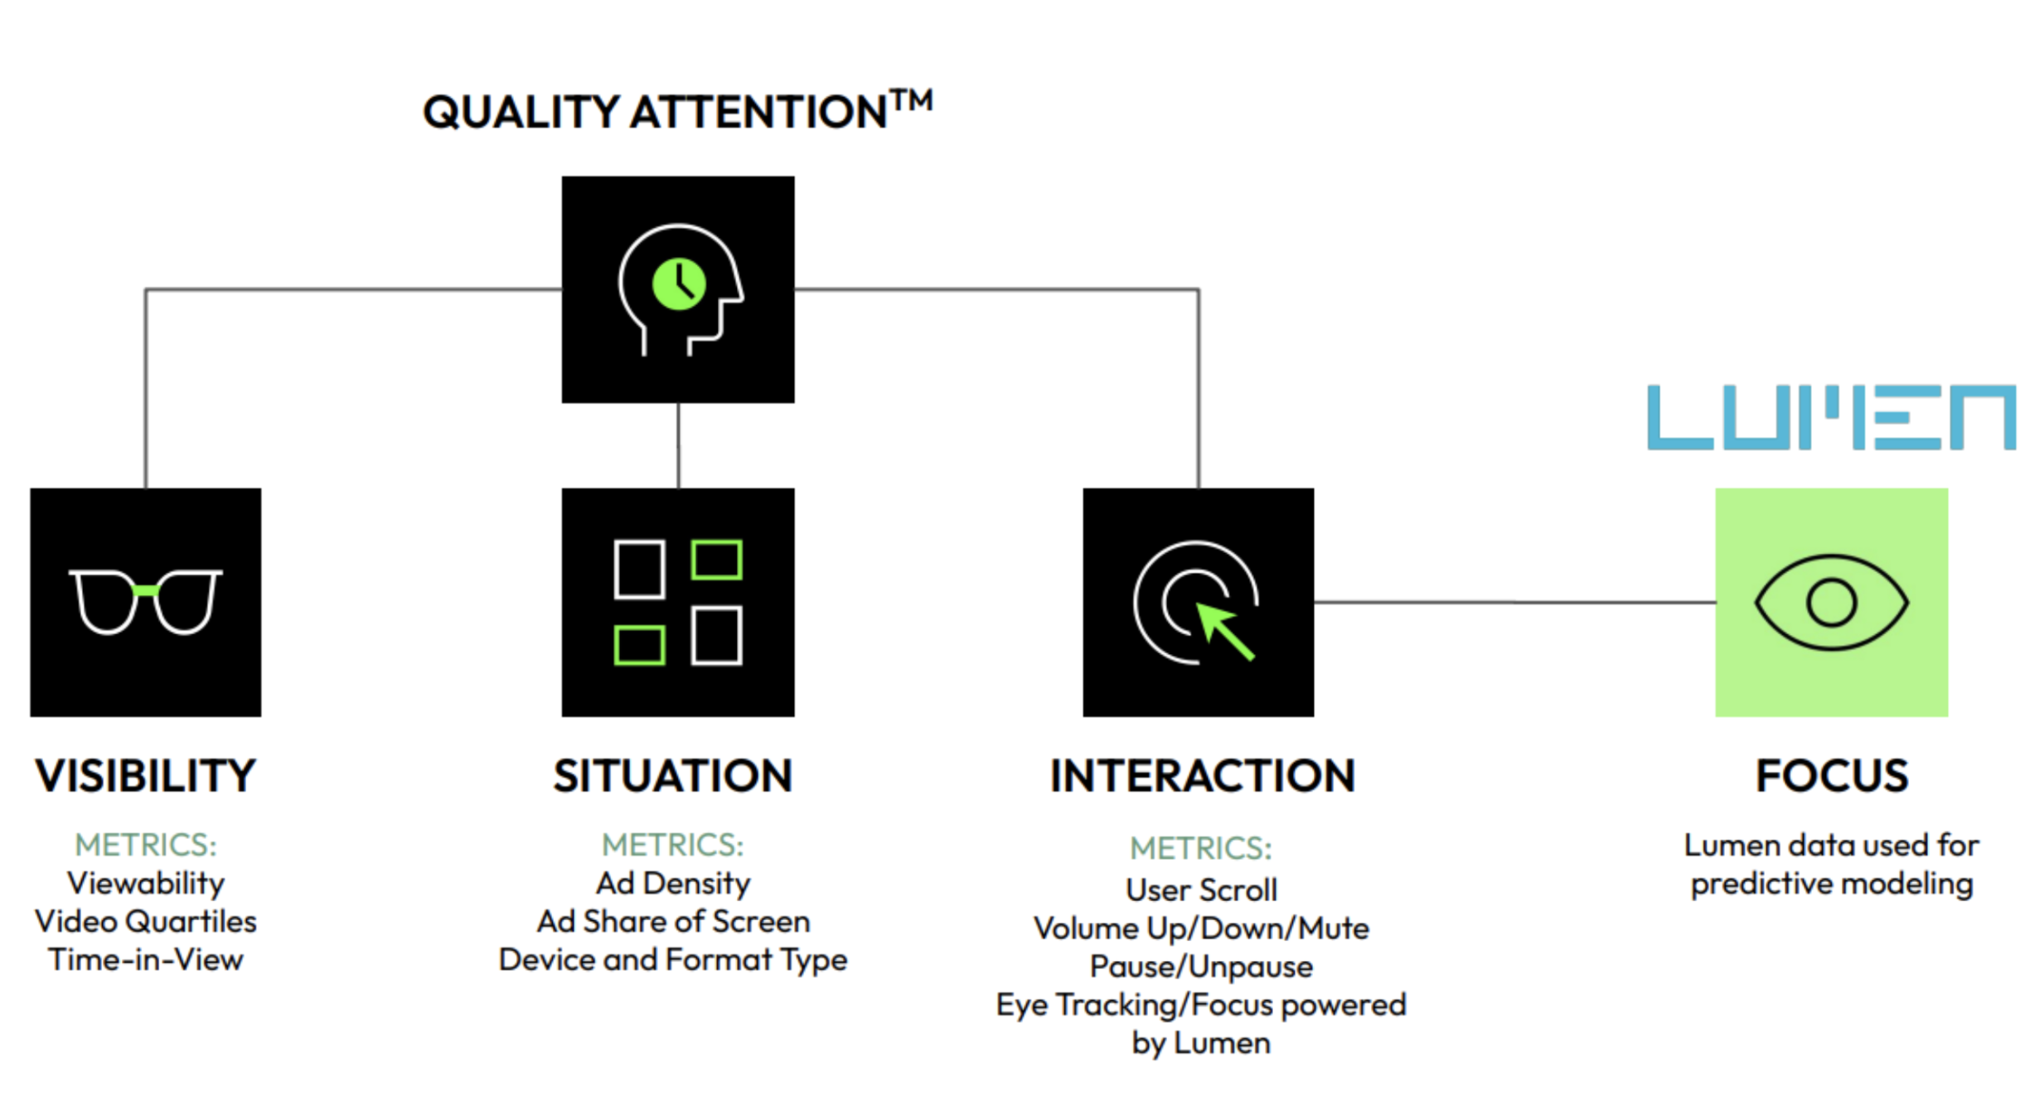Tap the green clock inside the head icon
tap(679, 284)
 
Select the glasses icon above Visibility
tap(145, 601)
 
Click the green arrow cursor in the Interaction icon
tap(1225, 631)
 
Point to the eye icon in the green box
tap(1830, 602)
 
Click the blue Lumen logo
tap(1830, 417)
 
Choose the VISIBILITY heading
tap(145, 776)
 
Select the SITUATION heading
tap(672, 776)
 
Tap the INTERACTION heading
tap(1202, 776)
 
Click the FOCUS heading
tap(1831, 776)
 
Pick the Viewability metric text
tap(146, 883)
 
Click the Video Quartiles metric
tap(146, 921)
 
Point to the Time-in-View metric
tap(146, 959)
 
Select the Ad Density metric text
tap(673, 883)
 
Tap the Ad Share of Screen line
tap(673, 921)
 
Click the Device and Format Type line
tap(673, 959)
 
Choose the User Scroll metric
tap(1201, 890)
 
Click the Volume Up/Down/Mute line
tap(1201, 928)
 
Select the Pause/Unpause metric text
tap(1201, 967)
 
